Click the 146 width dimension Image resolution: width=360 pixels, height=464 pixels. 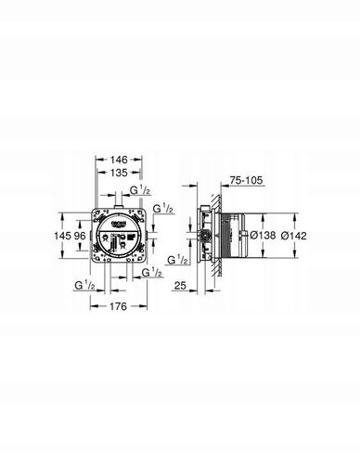119,160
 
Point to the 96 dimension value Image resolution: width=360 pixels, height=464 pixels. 80,236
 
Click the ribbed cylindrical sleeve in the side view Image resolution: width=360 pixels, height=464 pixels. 238,237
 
